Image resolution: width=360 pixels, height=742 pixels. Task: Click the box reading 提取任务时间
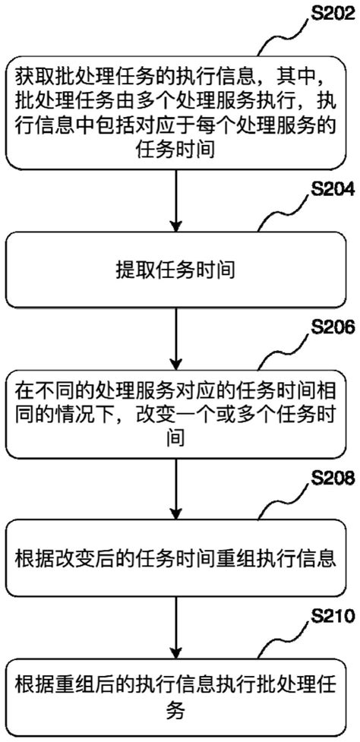pos(175,269)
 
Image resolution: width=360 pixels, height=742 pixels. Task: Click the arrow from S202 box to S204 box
pos(175,199)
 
